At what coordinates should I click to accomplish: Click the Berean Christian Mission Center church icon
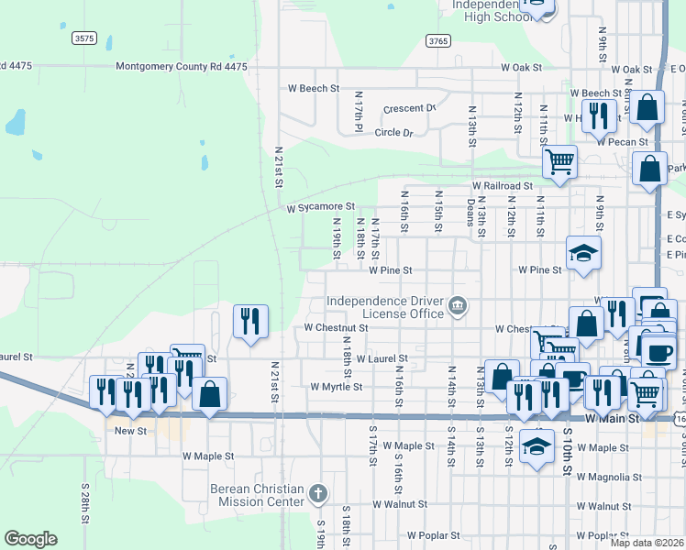click(x=318, y=494)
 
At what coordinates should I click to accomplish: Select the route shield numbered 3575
click(x=83, y=38)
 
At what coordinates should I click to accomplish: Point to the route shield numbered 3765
click(x=437, y=40)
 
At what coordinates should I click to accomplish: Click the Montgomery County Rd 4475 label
click(x=182, y=67)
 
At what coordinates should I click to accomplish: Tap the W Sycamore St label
click(x=319, y=209)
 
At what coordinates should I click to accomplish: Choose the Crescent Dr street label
click(x=409, y=108)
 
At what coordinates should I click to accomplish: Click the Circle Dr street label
click(x=393, y=133)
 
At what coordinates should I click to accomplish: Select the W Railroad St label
click(x=503, y=186)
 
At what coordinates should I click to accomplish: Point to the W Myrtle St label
click(x=337, y=387)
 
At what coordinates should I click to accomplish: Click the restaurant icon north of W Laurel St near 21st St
click(x=250, y=321)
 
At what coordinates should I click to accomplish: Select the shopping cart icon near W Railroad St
click(x=559, y=162)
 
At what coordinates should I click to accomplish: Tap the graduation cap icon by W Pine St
click(x=583, y=253)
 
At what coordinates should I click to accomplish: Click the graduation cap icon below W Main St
click(x=537, y=445)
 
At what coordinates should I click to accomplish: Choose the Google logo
click(x=30, y=539)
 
